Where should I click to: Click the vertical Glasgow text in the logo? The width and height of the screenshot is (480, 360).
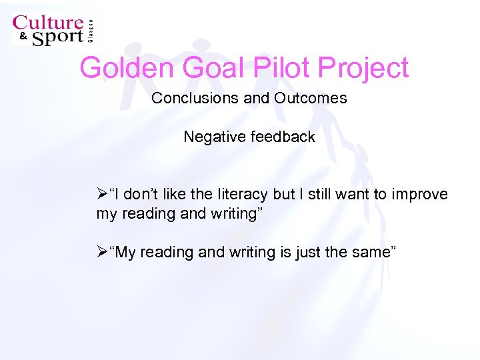coord(91,29)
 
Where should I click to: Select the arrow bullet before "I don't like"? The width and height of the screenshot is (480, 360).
coord(102,195)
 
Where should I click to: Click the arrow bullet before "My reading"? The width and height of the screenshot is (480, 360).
coord(102,253)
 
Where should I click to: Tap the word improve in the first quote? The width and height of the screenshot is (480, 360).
coord(423,195)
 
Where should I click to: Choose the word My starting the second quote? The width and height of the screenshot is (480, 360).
coord(125,253)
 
